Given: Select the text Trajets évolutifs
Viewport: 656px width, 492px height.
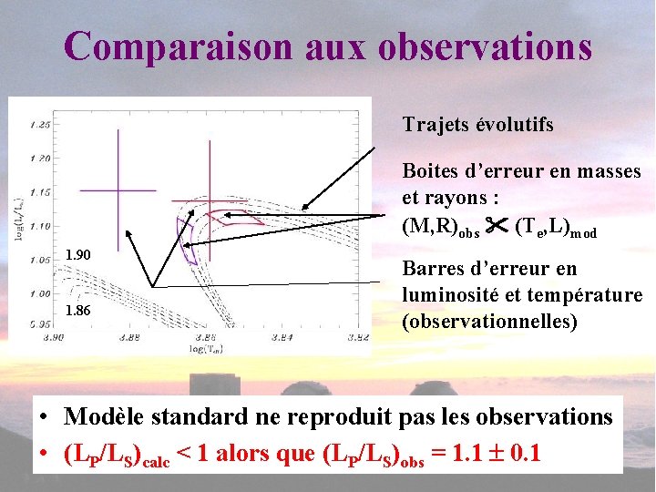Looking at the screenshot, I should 478,125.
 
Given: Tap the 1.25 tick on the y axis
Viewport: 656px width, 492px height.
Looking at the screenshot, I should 39,124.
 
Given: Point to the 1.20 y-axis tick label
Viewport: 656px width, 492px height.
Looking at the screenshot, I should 39,158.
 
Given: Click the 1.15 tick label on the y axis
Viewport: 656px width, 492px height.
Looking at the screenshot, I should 39,191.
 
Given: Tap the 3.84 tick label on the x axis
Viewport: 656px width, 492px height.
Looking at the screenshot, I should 284,336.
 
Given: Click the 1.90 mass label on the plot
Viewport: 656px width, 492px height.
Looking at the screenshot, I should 78,254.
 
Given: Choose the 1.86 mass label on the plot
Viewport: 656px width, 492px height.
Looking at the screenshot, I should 78,312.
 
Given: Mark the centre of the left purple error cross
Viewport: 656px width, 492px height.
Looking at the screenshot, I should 118,190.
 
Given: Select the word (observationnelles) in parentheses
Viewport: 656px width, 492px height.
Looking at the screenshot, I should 489,322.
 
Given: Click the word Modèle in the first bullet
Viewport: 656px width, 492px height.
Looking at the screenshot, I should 107,417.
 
